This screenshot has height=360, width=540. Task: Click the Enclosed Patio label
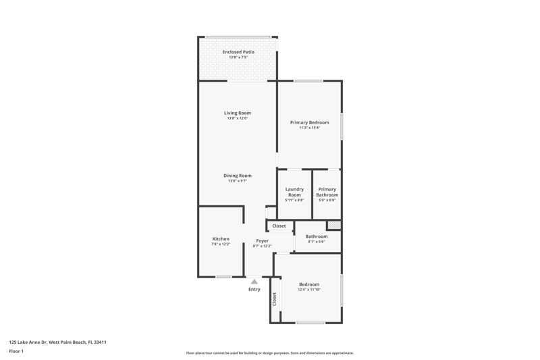pos(238,52)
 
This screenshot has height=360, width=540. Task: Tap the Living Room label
pos(238,113)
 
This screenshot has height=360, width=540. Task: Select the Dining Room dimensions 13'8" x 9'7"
pos(238,181)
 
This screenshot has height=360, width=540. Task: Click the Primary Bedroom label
pos(309,122)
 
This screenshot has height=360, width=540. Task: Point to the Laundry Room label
pos(294,192)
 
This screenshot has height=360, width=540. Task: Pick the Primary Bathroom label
pos(327,192)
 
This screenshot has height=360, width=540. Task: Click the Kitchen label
pos(221,238)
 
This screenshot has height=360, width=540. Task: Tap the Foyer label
pos(263,241)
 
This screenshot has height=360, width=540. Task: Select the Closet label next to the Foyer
pos(279,226)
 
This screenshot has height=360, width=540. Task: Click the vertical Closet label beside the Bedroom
pos(275,299)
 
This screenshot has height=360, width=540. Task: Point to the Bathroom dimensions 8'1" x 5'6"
pos(317,242)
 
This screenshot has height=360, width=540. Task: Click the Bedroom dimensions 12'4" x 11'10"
pos(309,290)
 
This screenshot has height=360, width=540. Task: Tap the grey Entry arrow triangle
pos(254,282)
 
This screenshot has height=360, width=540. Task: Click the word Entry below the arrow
pos(254,289)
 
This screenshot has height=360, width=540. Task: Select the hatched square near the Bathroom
pos(334,226)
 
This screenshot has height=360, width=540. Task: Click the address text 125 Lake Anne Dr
pos(28,342)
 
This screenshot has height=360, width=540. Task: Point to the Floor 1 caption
pos(16,351)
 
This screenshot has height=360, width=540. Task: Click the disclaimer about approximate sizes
pos(269,353)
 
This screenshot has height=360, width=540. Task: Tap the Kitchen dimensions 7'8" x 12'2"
pos(221,244)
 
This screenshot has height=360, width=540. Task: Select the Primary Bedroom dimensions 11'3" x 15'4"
pos(309,128)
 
